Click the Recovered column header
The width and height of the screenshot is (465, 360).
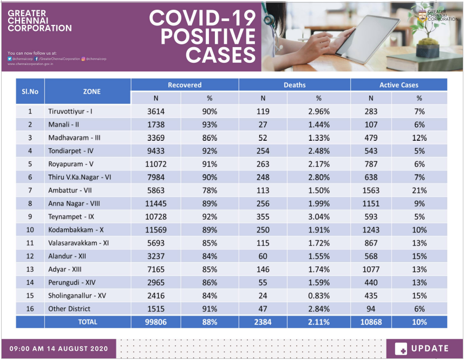[x=184, y=85]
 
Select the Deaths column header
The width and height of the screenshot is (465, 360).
[x=294, y=85]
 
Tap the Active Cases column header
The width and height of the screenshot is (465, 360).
[x=398, y=85]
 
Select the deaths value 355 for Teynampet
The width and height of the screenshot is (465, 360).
[x=263, y=217]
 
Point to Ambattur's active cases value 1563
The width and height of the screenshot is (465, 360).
[x=371, y=191]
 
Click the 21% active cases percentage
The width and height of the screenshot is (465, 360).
[x=419, y=191]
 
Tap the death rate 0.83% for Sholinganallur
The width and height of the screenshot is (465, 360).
[x=318, y=296]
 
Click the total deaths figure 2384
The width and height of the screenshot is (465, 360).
[x=263, y=322]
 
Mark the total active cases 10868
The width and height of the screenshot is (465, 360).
[x=371, y=322]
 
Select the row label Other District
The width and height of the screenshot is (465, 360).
[x=69, y=309]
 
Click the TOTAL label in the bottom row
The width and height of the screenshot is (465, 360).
[x=87, y=322]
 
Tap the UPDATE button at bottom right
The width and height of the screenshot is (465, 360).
[x=422, y=349]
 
